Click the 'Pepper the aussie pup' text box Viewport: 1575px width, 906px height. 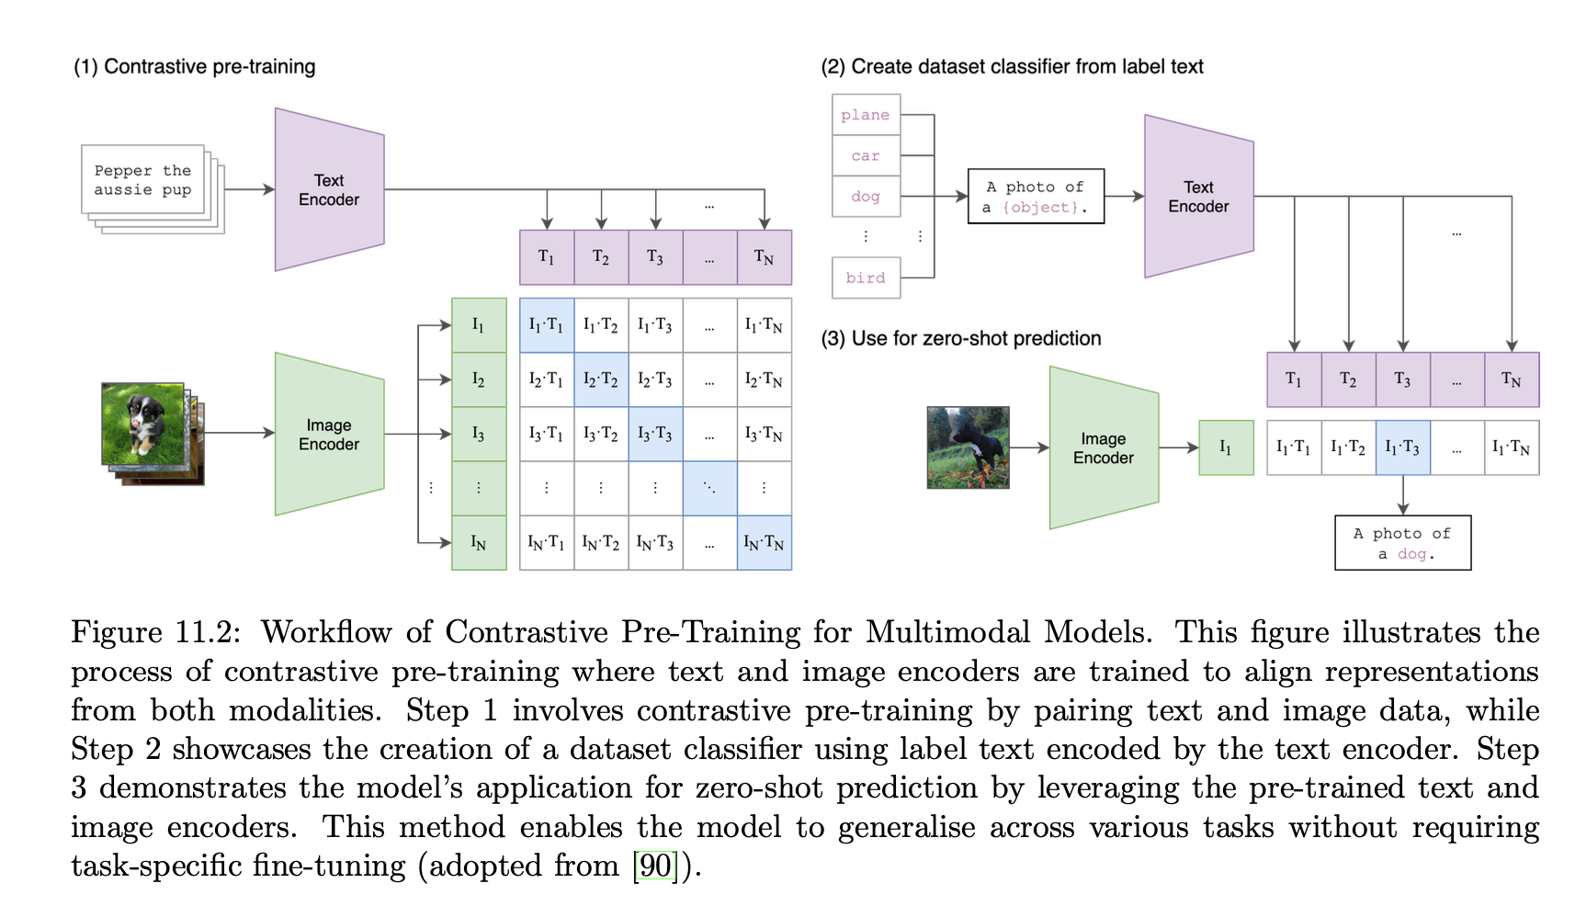coord(142,180)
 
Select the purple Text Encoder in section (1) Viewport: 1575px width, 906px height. coord(329,190)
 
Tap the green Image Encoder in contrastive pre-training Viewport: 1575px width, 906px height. coord(329,435)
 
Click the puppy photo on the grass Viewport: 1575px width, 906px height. coord(142,424)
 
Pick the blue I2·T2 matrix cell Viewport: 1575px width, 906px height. coord(601,379)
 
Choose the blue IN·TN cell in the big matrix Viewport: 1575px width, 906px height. coord(764,543)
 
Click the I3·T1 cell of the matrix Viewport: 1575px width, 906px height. coord(547,434)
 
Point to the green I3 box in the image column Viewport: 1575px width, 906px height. coord(479,434)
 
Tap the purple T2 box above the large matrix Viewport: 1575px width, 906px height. coord(601,257)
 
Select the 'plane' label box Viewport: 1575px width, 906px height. coord(866,115)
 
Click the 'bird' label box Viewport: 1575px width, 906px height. coord(866,277)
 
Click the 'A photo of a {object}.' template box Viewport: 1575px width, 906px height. coord(1036,197)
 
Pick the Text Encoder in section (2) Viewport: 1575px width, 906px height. coord(1198,197)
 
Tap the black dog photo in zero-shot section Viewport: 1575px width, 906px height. coord(968,447)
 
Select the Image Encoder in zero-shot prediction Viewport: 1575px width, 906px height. coord(1104,448)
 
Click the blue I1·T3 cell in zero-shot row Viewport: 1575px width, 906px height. coord(1402,447)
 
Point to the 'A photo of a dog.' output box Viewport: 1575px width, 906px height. coord(1402,543)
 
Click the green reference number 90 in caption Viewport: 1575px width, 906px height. coord(655,866)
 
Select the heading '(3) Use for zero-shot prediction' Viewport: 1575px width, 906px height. coord(960,338)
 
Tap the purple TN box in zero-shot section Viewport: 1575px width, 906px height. coord(1512,379)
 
